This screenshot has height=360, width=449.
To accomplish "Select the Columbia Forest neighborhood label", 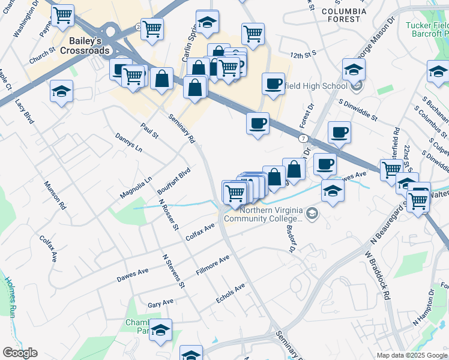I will coord(343,15).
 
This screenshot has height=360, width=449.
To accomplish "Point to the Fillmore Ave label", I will coord(213,265).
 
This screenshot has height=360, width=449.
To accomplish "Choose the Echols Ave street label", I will coord(231,294).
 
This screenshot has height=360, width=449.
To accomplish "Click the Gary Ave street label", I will coord(160,303).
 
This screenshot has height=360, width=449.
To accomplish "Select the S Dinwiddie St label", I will coord(357,110).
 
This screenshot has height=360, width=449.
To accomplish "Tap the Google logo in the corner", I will coord(20,353).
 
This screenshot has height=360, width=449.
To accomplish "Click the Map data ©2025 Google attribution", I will coord(412,355).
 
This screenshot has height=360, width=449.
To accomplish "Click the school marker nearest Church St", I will coord(61,92).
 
